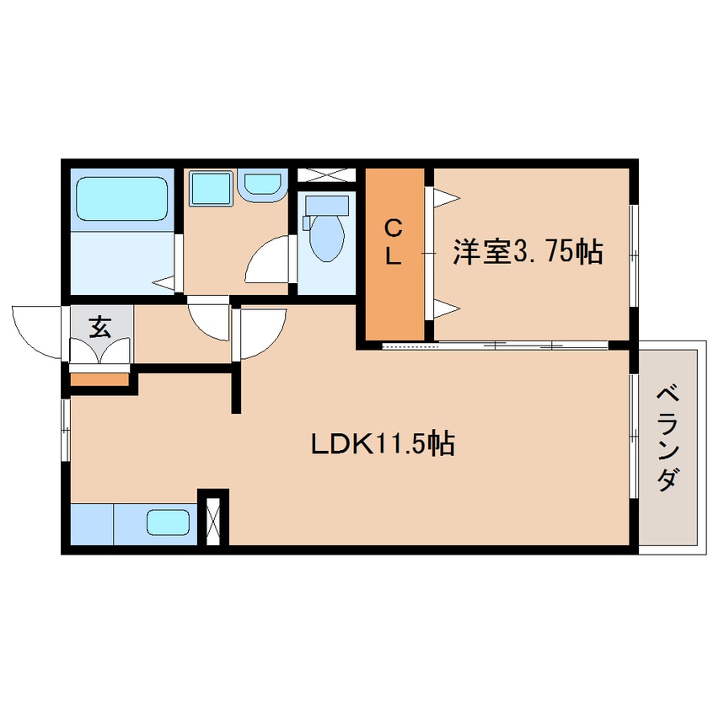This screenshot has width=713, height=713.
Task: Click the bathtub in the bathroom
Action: point(121,199)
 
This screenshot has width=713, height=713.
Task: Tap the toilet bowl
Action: point(326,238)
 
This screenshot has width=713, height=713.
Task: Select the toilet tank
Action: point(327,205)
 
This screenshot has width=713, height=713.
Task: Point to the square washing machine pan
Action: point(210,188)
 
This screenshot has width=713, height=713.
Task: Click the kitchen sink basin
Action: point(168,522)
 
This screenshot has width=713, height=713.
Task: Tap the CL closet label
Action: point(394,242)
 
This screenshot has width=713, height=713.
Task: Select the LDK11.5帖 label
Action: point(383,444)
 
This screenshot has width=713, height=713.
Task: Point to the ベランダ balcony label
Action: point(667,438)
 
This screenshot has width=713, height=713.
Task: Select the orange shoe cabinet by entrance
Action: point(99,378)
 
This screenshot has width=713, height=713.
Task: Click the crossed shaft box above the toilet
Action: point(326,174)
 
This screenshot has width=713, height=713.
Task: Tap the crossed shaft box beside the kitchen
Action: point(213,521)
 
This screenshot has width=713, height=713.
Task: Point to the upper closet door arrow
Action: point(447,198)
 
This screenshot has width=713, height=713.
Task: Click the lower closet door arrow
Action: point(447,308)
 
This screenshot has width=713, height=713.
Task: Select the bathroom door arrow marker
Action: point(164,283)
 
